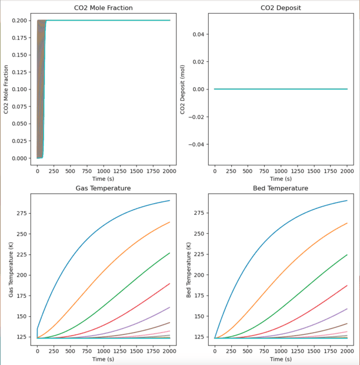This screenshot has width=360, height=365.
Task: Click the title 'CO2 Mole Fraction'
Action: point(103,8)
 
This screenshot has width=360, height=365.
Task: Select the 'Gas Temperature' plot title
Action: point(103,188)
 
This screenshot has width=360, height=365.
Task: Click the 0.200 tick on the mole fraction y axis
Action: point(18,21)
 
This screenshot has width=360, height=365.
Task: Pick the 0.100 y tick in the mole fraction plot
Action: point(18,89)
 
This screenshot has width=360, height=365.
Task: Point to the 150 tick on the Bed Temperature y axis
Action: point(200,316)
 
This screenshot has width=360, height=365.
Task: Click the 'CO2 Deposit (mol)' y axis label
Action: point(183,89)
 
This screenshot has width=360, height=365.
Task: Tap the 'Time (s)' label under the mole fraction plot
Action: point(103,179)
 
